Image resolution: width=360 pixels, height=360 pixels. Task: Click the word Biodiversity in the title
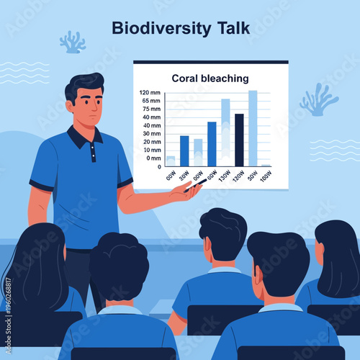coord(161,29)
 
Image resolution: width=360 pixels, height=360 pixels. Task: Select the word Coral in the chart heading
coord(186,78)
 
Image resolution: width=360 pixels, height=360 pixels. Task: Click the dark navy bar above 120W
coord(239,140)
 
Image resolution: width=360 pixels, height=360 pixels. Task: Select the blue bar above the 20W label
coord(184,150)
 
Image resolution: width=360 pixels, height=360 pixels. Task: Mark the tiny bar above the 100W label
coord(266,165)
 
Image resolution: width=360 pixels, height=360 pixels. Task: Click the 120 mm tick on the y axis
coord(150,92)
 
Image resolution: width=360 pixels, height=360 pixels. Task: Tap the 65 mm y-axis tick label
coord(151,101)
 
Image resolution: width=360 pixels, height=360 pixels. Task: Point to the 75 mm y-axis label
coord(151,109)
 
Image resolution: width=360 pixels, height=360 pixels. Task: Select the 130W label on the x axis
coord(223,176)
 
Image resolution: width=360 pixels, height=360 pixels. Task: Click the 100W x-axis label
coord(266,176)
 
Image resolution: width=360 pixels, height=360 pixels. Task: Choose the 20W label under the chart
coord(184,176)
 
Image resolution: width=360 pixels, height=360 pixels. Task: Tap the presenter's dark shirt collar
coord(82,137)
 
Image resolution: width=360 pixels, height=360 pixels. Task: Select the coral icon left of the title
coord(72,42)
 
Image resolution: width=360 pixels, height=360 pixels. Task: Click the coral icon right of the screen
coord(318,100)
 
